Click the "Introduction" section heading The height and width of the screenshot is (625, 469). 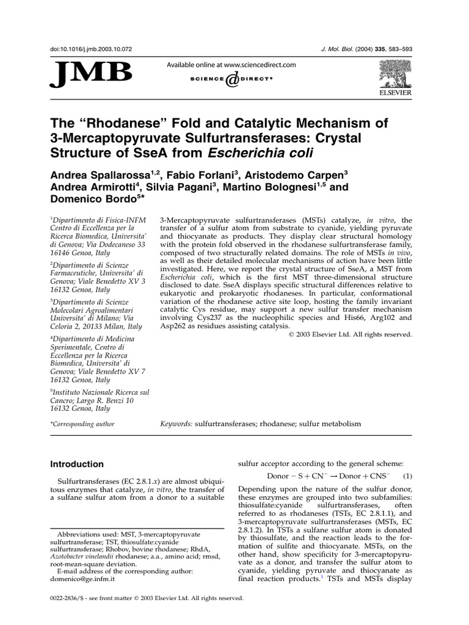click(x=77, y=464)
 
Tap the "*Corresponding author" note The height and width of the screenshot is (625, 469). click(x=82, y=424)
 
